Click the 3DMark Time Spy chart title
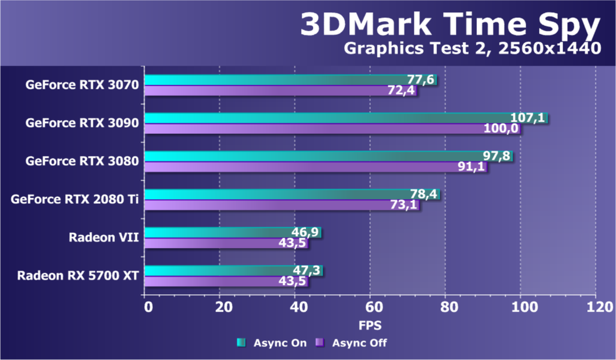pyautogui.click(x=450, y=25)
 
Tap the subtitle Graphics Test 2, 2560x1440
pyautogui.click(x=471, y=49)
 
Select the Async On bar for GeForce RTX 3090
pyautogui.click(x=345, y=118)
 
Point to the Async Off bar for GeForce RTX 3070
pyautogui.click(x=279, y=91)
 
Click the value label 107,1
pyautogui.click(x=527, y=118)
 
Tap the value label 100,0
pyautogui.click(x=501, y=129)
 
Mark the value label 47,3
pyautogui.click(x=303, y=270)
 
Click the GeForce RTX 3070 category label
pyautogui.click(x=82, y=85)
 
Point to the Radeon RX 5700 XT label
pyautogui.click(x=78, y=276)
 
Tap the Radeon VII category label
pyautogui.click(x=104, y=238)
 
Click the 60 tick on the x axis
pyautogui.click(x=370, y=307)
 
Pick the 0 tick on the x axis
pyautogui.click(x=148, y=307)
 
